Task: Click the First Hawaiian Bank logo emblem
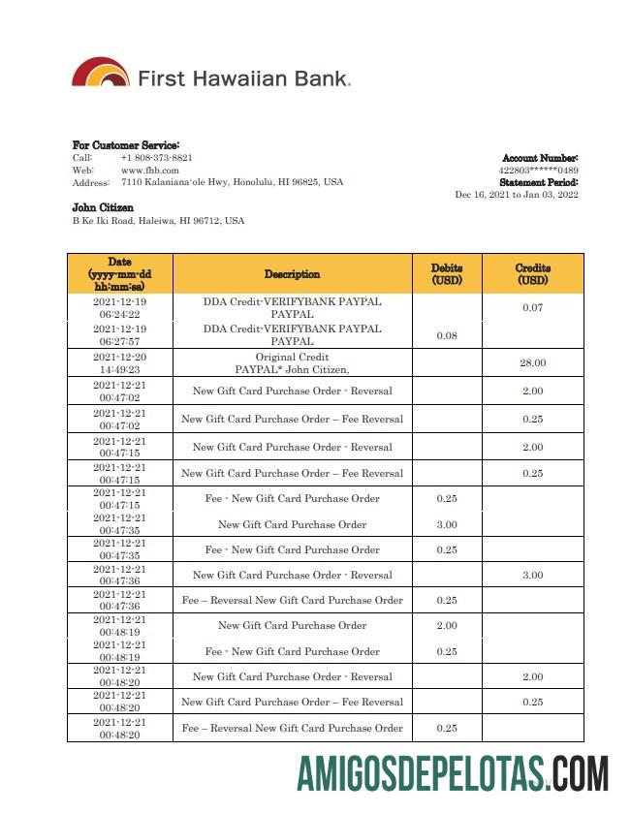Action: coord(100,74)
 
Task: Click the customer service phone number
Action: coord(156,157)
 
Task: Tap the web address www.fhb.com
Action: coord(149,170)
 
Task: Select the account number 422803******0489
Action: coord(538,170)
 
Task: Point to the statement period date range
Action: coord(516,194)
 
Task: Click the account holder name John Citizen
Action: coord(103,207)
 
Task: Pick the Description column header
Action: coord(292,274)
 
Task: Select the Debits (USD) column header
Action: coord(447,274)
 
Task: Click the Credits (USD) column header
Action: coord(532,274)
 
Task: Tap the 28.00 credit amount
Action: coord(532,362)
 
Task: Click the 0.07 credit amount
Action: coord(532,308)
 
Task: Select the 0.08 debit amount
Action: coord(447,335)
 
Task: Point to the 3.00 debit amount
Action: coord(447,524)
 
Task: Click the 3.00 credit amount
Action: coord(532,575)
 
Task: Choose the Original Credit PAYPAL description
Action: coord(292,362)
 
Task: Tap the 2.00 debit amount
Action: coord(447,625)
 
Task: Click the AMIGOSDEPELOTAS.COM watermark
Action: coord(453,775)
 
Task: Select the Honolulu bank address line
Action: coord(232,182)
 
